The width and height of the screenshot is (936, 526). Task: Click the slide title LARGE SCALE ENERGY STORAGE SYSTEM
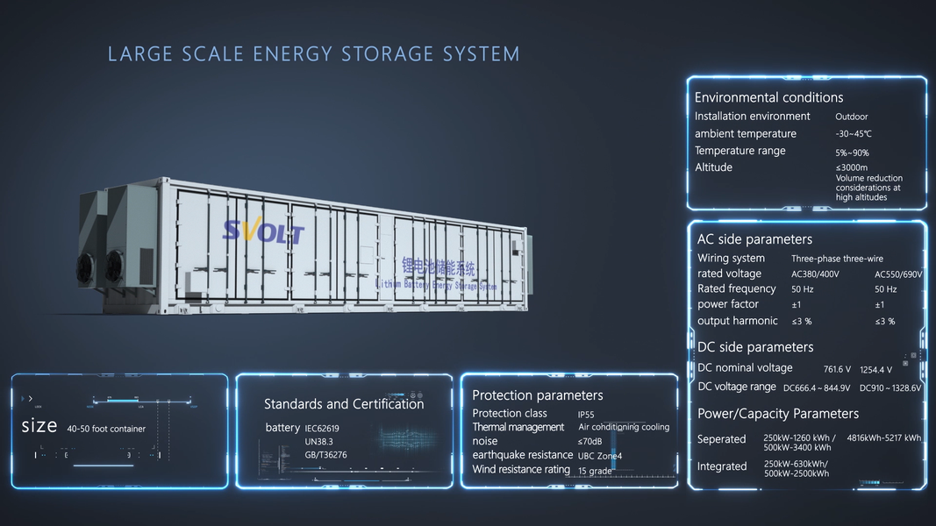pos(313,54)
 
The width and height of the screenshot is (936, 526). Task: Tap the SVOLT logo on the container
pos(263,231)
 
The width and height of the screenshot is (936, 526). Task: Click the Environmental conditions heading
pos(768,97)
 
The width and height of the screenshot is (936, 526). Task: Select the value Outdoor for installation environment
pos(851,117)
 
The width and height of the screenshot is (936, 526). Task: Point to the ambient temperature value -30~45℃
pos(854,134)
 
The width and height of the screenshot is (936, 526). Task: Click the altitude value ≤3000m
pos(851,167)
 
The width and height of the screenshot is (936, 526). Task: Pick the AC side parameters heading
pos(754,239)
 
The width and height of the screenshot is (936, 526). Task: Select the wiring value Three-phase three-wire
pos(837,259)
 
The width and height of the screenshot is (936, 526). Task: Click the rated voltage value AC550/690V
pos(898,274)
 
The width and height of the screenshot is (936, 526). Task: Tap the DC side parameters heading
pos(755,347)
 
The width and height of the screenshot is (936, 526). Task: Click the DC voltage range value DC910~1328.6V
pos(890,387)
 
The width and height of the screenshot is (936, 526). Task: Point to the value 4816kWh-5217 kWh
pos(883,437)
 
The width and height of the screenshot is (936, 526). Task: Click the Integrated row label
pos(722,466)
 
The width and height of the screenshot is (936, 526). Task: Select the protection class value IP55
pos(586,414)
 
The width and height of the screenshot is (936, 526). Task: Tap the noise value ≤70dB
pos(589,442)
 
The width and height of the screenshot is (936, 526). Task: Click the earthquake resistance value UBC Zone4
pos(599,456)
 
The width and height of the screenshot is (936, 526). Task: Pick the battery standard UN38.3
pos(319,442)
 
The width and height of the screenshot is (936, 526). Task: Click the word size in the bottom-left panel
pos(39,427)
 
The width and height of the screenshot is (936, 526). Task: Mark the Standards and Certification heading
pos(344,404)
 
